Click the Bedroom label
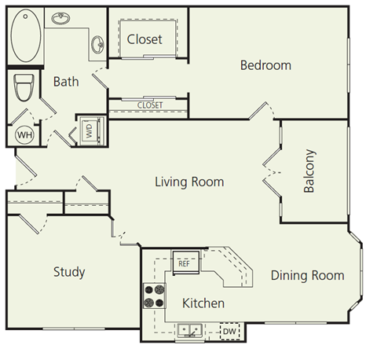265,65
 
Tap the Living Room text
188,182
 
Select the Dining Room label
307,275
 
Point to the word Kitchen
203,303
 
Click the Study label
69,272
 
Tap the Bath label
66,80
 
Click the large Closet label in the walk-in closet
145,39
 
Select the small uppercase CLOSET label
149,105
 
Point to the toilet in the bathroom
23,86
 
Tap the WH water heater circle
24,134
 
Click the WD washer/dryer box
88,130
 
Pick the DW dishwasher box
229,332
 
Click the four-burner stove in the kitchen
154,296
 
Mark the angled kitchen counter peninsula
232,271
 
